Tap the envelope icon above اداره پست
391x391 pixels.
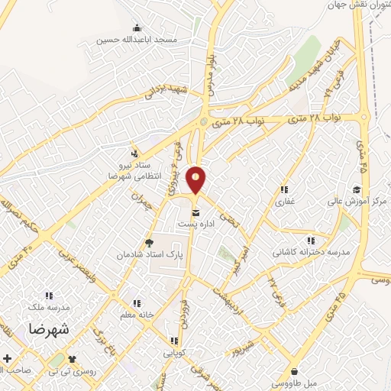point(196,213)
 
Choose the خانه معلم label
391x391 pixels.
point(136,315)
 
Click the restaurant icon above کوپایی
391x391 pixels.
point(174,341)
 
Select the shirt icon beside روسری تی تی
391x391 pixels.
point(73,358)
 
